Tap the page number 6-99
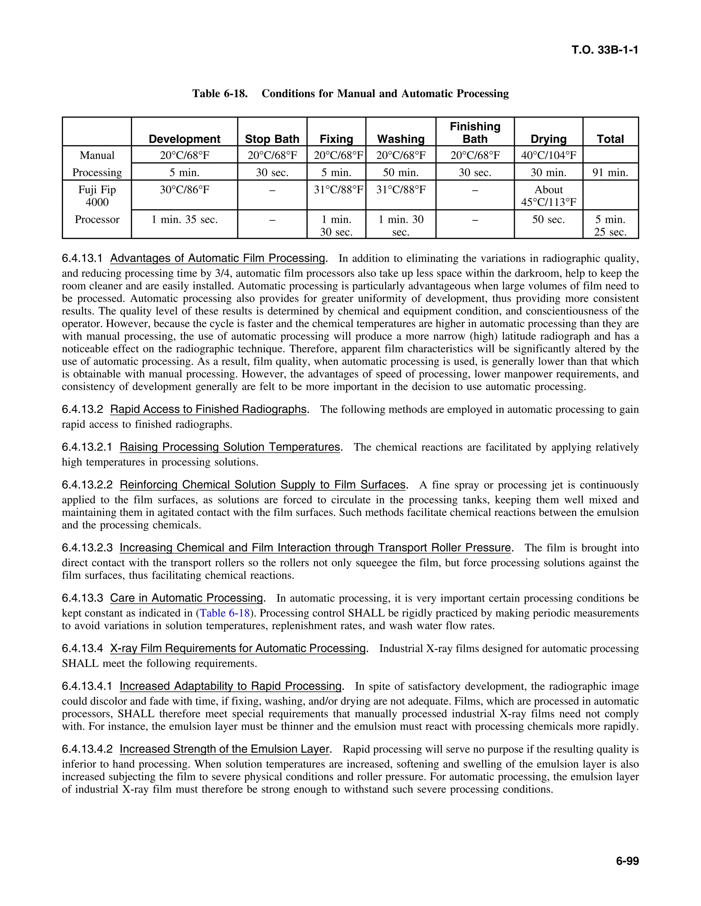(627, 861)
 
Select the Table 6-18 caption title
(350, 93)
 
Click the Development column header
(184, 138)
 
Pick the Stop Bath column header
(272, 138)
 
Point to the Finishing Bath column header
(475, 132)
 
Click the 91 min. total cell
(610, 172)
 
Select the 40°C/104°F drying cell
(548, 155)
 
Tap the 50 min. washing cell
(400, 172)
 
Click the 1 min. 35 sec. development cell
(184, 219)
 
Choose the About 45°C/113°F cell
(548, 196)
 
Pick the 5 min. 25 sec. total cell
(610, 225)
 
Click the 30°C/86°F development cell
(184, 190)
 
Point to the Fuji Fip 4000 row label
(97, 196)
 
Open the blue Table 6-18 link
(225, 613)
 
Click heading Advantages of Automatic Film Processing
(218, 258)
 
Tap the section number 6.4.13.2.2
(87, 484)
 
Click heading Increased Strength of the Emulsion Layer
(224, 749)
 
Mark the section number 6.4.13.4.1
(87, 686)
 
